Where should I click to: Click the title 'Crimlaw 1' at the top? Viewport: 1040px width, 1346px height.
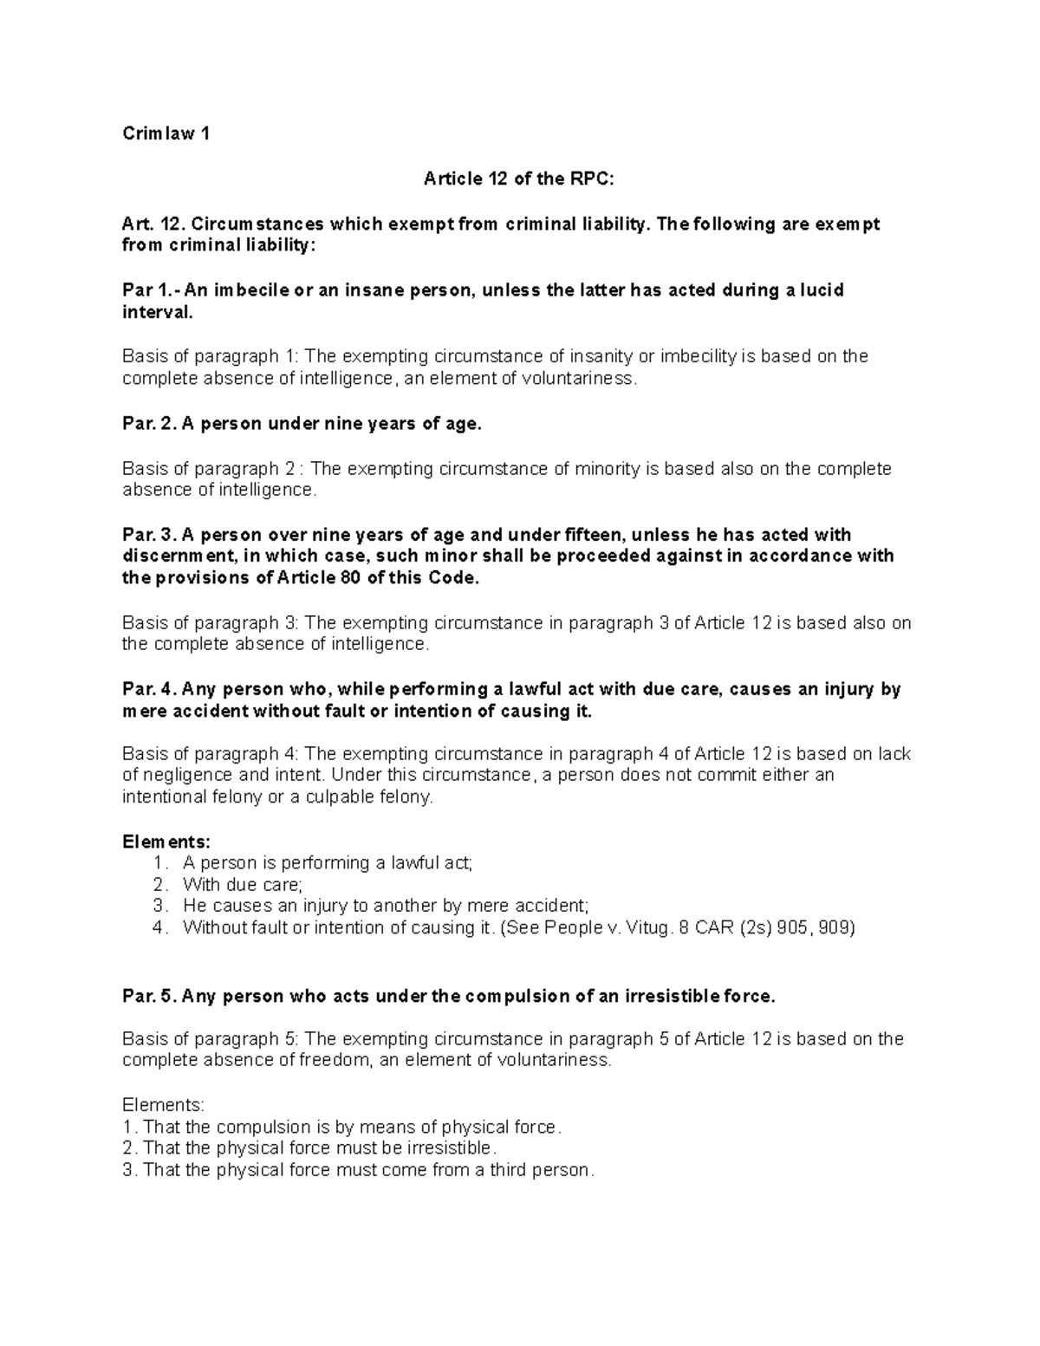[166, 133]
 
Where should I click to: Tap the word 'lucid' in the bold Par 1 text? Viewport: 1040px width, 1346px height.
[822, 290]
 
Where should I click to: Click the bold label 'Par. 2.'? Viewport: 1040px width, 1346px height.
[149, 424]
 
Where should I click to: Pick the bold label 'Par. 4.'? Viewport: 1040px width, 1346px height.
[149, 689]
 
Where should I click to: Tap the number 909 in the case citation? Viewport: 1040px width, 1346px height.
[835, 928]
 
